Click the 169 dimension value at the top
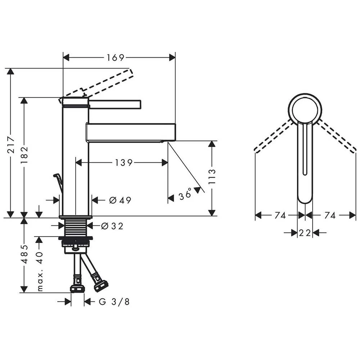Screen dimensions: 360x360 tap(115, 58)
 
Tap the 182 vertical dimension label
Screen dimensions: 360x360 tap(24, 155)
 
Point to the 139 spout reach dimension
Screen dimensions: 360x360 tap(124, 163)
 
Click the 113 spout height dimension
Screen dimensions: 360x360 tap(212, 176)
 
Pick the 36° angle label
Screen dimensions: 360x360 tap(186, 196)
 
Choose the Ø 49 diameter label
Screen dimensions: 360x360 tap(120, 201)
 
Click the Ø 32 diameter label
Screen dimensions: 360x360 tap(112, 226)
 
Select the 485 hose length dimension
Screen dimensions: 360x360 tap(24, 254)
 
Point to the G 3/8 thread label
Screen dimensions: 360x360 tap(114, 302)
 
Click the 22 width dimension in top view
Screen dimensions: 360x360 tap(305, 233)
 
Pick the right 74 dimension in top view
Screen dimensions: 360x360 tap(330, 215)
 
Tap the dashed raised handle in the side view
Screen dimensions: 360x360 tap(108, 82)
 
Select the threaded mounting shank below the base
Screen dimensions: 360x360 tap(76, 228)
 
